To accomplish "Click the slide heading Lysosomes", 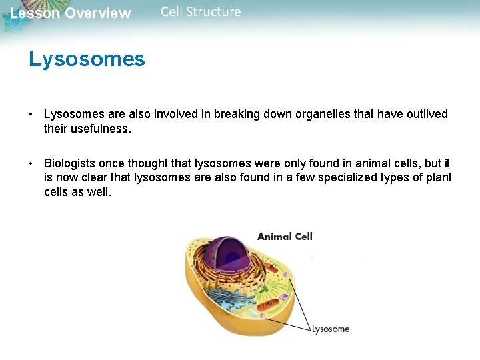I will (x=87, y=59).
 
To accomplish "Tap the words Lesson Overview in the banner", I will (x=71, y=13).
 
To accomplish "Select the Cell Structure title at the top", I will (x=201, y=11).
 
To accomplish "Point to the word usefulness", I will (x=101, y=128).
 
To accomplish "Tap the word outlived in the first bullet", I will (x=423, y=114).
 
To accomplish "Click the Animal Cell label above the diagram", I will (x=285, y=236).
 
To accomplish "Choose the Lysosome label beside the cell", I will (x=331, y=329).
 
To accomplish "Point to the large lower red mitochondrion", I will (x=267, y=306).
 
